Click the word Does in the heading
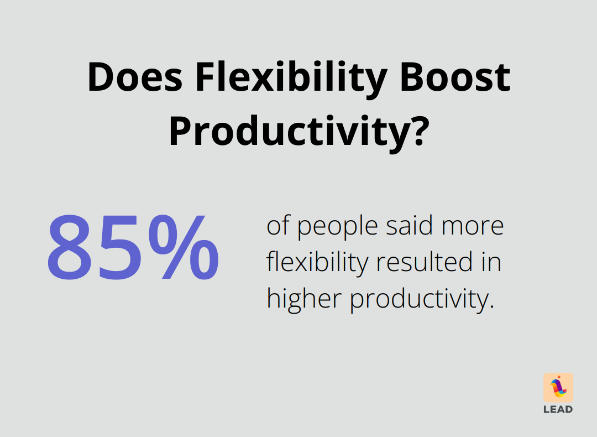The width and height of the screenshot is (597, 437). pos(134,77)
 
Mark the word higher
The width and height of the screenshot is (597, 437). pos(303,299)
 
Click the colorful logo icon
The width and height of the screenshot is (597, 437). pos(558,387)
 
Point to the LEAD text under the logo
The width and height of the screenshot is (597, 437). pos(558,410)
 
